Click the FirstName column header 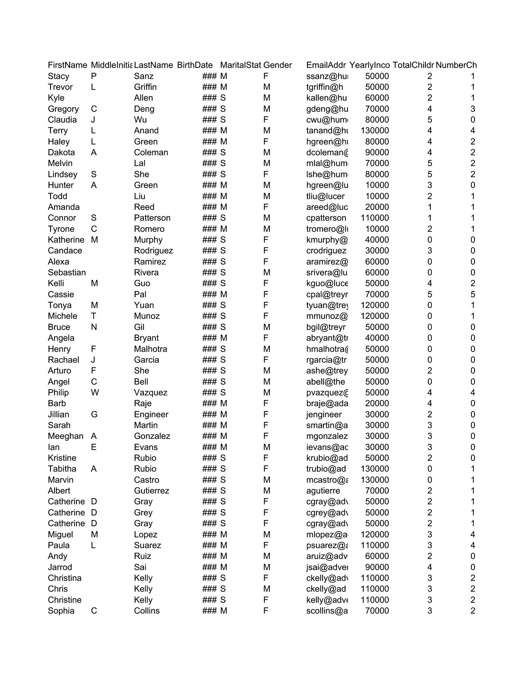[67, 65]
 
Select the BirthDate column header [195, 65]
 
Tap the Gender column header [277, 65]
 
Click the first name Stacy [58, 76]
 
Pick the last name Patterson [152, 218]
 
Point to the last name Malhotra [150, 349]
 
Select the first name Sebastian [67, 272]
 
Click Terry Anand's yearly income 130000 [375, 131]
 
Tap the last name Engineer [151, 414]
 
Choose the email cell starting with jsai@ [327, 567]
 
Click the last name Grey [143, 512]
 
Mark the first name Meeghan [65, 436]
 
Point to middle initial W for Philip [94, 392]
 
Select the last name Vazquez [150, 392]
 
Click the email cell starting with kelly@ [327, 600]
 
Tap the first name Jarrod [60, 567]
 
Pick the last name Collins [146, 610]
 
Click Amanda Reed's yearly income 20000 [377, 207]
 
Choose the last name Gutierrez [151, 491]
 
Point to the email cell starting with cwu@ [327, 120]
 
